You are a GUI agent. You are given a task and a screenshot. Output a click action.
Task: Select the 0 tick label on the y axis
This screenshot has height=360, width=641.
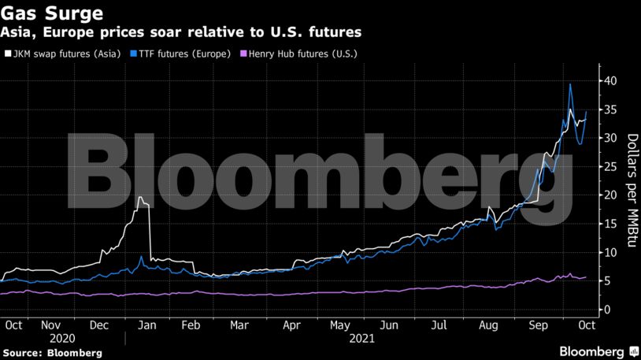point(606,310)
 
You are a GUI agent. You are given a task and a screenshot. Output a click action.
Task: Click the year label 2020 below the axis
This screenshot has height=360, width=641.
point(61,339)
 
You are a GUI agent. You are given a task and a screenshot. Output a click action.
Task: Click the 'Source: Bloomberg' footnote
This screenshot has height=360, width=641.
point(51,353)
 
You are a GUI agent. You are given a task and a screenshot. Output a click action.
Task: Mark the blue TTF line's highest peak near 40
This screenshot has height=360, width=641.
point(570,84)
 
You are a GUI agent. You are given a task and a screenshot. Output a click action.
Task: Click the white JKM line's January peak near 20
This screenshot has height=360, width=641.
point(140,198)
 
